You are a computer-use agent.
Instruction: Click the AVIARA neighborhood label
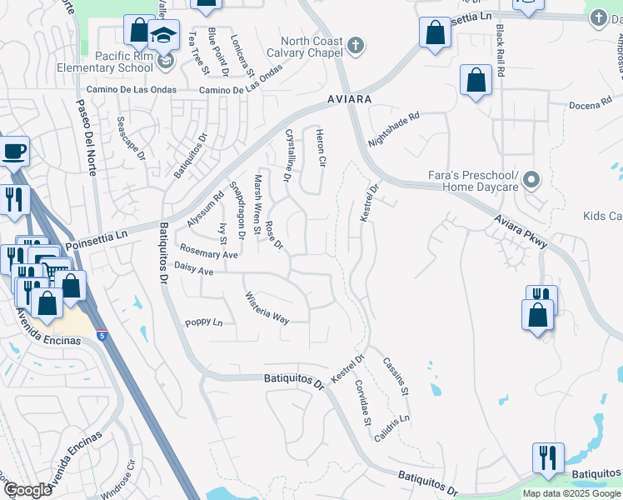[x=347, y=98]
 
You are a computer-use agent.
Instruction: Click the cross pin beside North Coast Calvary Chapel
[x=356, y=45]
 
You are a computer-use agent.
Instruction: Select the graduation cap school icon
[x=164, y=37]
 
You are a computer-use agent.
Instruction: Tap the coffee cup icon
[x=14, y=152]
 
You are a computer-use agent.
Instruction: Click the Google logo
[x=27, y=490]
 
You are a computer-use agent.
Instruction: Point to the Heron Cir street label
[x=319, y=147]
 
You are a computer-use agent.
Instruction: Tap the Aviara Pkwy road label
[x=520, y=231]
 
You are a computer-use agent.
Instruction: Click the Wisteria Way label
[x=267, y=307]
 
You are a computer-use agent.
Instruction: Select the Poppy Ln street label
[x=204, y=322]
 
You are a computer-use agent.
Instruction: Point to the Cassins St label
[x=396, y=376]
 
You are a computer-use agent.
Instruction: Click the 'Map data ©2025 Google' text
[x=571, y=493]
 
